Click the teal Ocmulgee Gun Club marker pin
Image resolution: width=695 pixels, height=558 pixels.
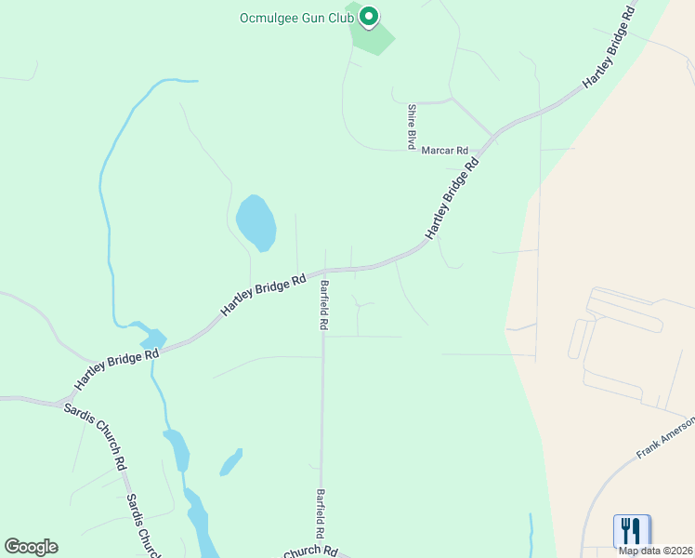tap(368, 16)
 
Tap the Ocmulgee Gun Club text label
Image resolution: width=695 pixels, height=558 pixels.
tap(297, 17)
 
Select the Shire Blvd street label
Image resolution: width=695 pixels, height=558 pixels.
tap(410, 126)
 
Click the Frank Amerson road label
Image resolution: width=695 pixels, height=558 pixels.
tap(665, 438)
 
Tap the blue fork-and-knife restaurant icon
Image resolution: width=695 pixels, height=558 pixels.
tap(632, 530)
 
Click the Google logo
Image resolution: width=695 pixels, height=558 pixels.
tap(31, 547)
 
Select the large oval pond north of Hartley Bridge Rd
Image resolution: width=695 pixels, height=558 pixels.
tap(256, 223)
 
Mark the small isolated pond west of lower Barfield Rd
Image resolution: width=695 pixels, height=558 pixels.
tap(230, 462)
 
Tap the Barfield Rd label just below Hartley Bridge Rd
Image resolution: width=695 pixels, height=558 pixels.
tap(324, 306)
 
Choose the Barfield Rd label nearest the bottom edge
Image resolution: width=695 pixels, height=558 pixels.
tap(321, 514)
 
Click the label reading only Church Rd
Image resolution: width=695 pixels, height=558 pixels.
tap(310, 551)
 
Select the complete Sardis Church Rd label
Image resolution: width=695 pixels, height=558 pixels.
tap(92, 437)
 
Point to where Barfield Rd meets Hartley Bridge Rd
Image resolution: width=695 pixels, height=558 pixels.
tap(324, 271)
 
